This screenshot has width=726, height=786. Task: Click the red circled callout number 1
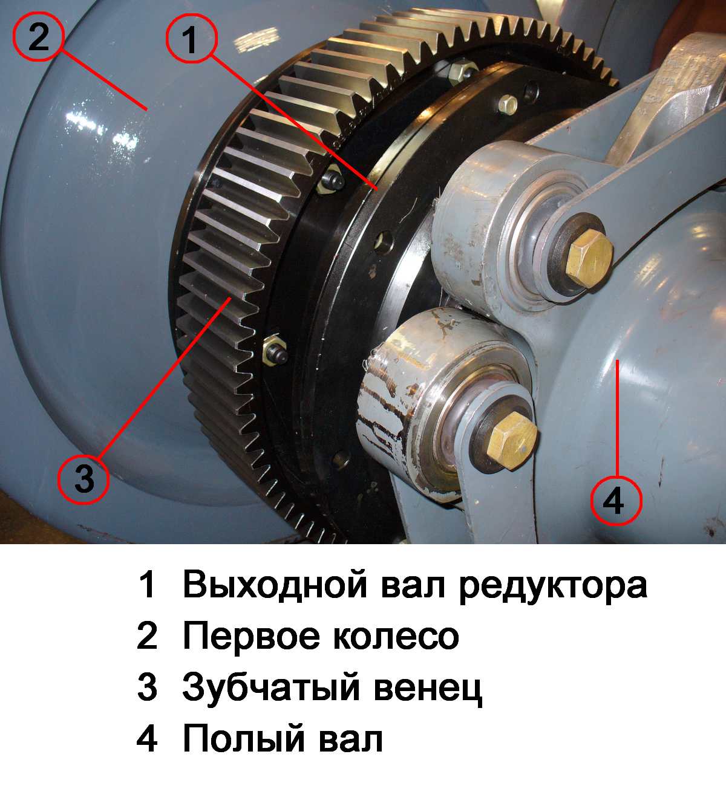[x=191, y=38]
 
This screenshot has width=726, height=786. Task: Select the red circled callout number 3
[x=83, y=479]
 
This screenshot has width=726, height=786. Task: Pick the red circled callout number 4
[x=616, y=500]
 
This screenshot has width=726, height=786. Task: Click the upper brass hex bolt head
[x=589, y=259]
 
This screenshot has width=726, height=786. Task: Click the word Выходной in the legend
[x=275, y=585]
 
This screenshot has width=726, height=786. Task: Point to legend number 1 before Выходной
[x=148, y=585]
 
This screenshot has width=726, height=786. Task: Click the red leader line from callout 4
[x=616, y=417]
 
